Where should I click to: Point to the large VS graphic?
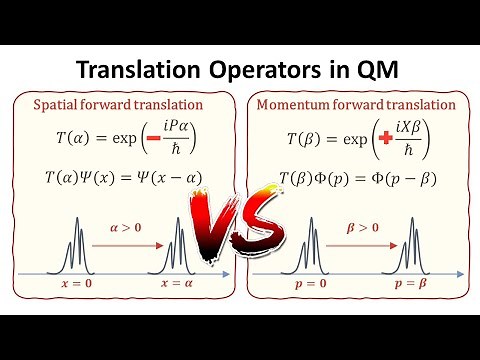[241, 221]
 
